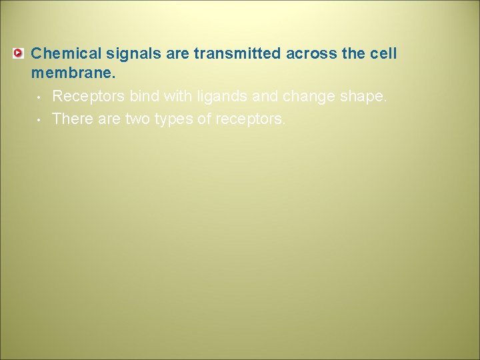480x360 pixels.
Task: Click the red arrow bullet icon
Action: [x=19, y=53]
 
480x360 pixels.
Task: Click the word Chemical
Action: [x=62, y=53]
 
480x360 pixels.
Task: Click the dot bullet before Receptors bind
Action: [x=39, y=98]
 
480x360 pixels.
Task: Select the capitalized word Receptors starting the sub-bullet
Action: [x=89, y=97]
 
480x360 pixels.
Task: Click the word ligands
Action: [x=225, y=97]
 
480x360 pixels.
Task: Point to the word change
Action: [x=309, y=97]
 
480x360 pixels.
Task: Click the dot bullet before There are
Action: [x=39, y=120]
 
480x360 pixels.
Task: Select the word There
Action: [x=71, y=119]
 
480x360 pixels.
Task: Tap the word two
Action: [x=134, y=119]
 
